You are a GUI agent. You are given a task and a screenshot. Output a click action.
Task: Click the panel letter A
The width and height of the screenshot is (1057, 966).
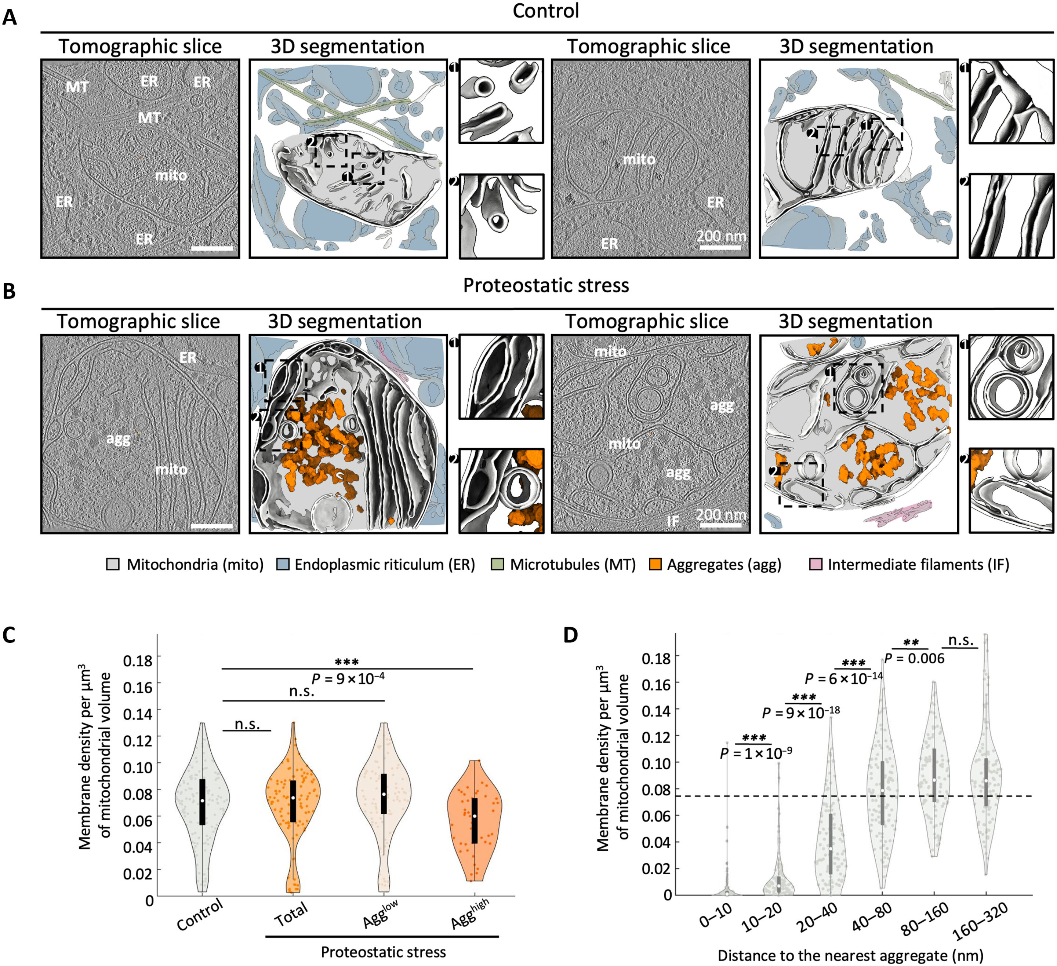tap(10, 18)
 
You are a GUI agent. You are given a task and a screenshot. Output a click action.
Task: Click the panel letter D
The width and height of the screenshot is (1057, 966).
tap(570, 635)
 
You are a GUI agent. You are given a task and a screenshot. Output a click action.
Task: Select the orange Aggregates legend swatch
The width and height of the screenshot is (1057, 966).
tap(655, 565)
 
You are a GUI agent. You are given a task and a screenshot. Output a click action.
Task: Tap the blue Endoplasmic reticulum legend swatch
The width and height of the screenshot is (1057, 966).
tap(283, 565)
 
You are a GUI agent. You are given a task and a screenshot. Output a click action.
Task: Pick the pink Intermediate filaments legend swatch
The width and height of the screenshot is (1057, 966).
tap(816, 565)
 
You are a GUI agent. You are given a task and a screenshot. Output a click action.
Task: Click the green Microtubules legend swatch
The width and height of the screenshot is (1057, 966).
tap(498, 565)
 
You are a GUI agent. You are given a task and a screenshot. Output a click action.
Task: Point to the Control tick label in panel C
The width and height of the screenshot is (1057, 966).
tap(200, 915)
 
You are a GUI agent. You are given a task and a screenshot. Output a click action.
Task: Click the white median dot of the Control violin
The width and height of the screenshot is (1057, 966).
tap(202, 801)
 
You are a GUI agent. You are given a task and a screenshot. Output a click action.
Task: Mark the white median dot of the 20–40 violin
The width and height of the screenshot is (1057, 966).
tap(831, 849)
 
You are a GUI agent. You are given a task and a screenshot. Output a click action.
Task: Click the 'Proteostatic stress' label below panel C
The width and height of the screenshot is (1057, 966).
tap(383, 952)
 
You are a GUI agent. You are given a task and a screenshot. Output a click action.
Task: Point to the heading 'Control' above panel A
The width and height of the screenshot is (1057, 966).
tap(545, 11)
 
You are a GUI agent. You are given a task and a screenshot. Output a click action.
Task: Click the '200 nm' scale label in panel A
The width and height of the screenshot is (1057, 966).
tap(721, 236)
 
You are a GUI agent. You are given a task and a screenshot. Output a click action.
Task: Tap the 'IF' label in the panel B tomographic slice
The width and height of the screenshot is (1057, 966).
tap(673, 521)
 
